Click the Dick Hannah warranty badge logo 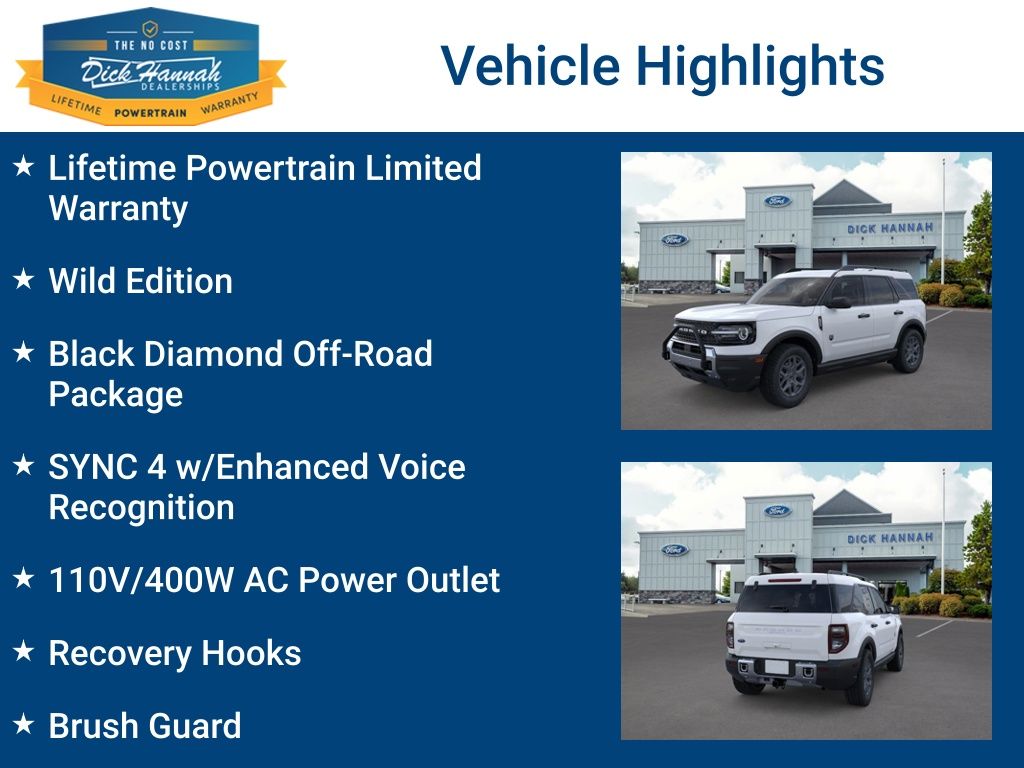point(150,66)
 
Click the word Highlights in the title point(760,66)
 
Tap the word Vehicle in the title point(531,66)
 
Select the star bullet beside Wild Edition point(24,280)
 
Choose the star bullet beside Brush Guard point(24,724)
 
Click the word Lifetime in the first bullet point(113,167)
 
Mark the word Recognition point(141,507)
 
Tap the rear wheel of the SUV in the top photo point(909,350)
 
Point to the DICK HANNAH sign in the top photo point(889,228)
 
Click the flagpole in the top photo point(942,220)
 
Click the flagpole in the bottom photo point(942,530)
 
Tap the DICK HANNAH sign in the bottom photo point(889,538)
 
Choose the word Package point(115,394)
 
